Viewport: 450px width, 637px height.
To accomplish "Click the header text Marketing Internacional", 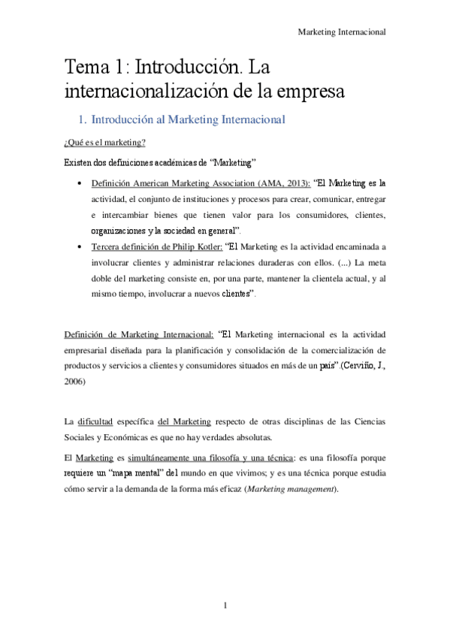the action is point(342,32).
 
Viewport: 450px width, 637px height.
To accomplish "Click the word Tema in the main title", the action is point(86,69).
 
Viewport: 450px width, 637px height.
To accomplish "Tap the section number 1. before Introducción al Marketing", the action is point(83,119).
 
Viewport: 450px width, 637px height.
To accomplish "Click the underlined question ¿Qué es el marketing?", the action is point(104,143).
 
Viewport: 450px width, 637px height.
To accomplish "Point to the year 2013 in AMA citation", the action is point(291,183).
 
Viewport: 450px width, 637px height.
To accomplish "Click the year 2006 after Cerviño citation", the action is point(75,382).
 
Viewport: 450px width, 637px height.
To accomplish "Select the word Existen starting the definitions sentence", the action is point(78,162).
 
